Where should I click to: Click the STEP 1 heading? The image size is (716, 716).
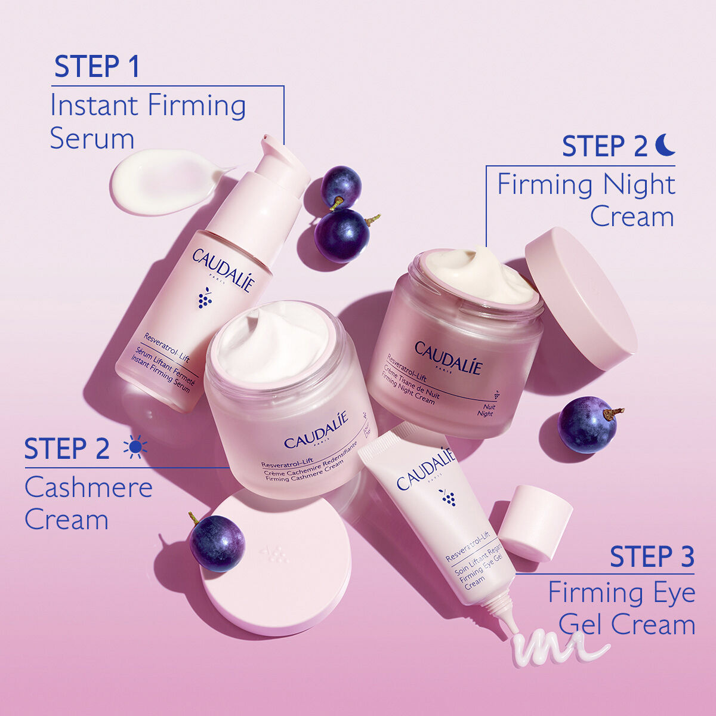tap(97, 67)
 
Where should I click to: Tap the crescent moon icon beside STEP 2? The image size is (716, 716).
tap(665, 145)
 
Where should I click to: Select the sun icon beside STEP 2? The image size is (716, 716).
tap(135, 447)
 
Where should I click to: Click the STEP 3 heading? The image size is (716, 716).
tap(652, 557)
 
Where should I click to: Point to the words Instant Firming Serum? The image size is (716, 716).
tap(147, 122)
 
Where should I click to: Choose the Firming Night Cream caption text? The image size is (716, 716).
tap(586, 200)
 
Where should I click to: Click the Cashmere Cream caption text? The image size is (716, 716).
tap(88, 504)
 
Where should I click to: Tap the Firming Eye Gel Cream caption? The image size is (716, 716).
tap(622, 609)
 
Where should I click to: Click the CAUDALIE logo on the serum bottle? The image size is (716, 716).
tap(223, 270)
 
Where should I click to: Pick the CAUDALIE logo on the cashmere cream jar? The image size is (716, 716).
tap(316, 431)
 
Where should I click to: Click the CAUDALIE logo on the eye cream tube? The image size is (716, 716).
tap(425, 468)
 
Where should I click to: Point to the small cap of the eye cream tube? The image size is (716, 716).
tap(535, 522)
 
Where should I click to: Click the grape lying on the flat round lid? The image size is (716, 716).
tap(217, 543)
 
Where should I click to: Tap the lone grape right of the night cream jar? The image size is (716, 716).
tap(587, 424)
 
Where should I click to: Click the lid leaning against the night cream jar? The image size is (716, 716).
tap(581, 298)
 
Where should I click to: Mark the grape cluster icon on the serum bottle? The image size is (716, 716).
tap(205, 298)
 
